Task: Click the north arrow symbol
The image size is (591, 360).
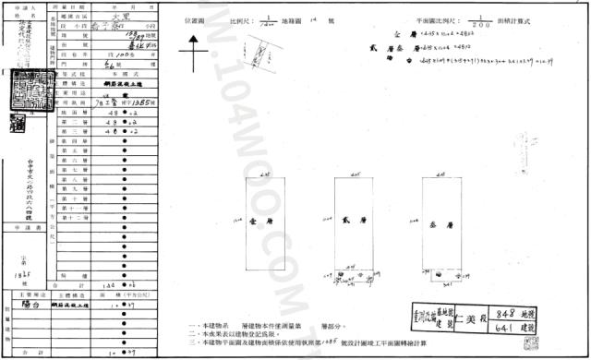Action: tap(195, 60)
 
